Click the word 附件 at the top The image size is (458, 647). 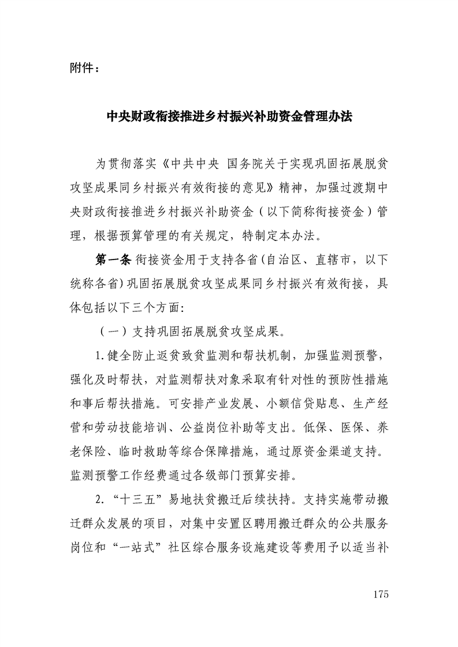point(80,69)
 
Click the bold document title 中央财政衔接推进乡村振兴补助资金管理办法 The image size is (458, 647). point(229,117)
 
